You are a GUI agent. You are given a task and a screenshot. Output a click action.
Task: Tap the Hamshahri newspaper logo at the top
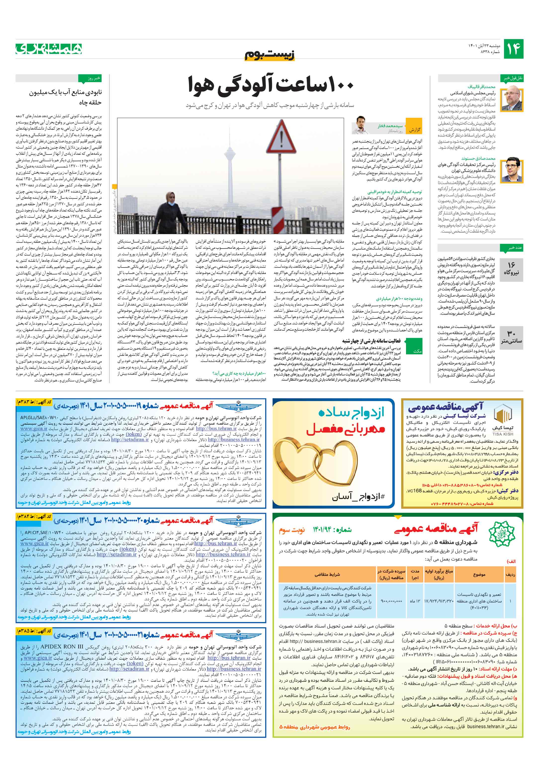click(x=49, y=49)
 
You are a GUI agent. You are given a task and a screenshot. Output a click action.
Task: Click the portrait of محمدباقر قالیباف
click(x=513, y=99)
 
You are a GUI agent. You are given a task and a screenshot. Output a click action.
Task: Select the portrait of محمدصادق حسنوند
click(x=513, y=170)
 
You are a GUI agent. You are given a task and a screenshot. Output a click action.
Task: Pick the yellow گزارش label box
click(x=414, y=130)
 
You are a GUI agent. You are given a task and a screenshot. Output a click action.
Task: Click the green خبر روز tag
click(x=90, y=78)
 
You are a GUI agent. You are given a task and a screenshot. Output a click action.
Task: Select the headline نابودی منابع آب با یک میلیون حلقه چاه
click(x=65, y=97)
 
